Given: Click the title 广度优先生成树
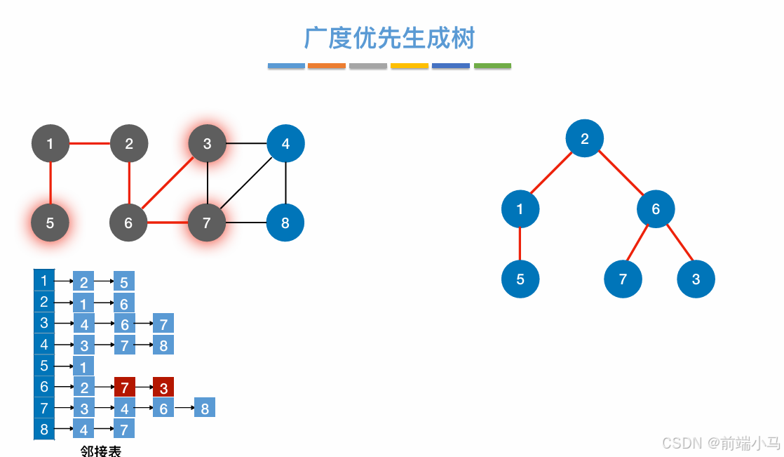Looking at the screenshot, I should point(389,38).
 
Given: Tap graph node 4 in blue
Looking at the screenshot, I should point(285,144).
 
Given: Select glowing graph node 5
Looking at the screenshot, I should point(50,223).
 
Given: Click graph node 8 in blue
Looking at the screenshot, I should point(285,223).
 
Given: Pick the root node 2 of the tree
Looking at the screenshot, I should point(585,138).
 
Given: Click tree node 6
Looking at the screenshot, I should point(656,208).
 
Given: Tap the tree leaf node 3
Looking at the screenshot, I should point(696,279).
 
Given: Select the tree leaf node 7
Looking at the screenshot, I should point(623,279).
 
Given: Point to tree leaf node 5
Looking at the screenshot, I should point(520,279).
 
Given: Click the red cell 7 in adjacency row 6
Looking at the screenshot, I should point(124,387).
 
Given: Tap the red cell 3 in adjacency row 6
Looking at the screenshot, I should point(163,387).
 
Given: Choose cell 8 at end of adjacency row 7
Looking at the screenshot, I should point(205,408).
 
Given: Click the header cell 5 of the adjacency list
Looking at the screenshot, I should point(44,365).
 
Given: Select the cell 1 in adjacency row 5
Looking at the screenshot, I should point(83,366).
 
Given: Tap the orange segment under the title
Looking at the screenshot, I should point(327,66).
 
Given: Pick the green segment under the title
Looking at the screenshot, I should point(492,66).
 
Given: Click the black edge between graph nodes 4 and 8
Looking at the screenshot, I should point(285,184).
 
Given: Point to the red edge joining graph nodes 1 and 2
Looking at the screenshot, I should point(89,144).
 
